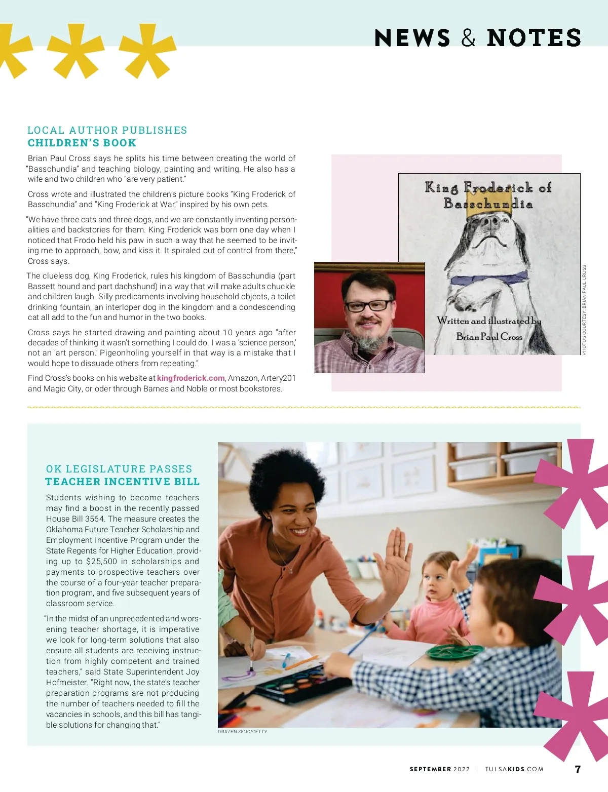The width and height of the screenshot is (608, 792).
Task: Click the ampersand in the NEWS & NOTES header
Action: point(468,38)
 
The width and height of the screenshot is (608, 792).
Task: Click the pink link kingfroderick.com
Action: point(191,378)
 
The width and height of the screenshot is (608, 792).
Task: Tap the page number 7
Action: point(578,769)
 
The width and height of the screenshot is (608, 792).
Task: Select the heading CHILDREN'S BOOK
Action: point(82,143)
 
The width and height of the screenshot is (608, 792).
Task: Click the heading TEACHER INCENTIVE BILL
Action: point(123,482)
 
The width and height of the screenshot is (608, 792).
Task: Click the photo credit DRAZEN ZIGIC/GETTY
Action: point(242,732)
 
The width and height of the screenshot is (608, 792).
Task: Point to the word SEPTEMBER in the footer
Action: point(430,769)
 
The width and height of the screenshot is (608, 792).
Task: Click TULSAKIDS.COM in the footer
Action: point(514,769)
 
